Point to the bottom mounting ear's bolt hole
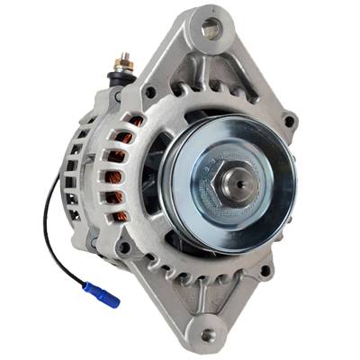point(209,334)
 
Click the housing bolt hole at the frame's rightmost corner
point(288,120)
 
